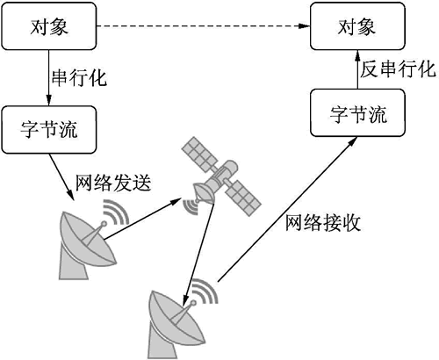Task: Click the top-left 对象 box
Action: coord(49,26)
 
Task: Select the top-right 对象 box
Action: coord(357,26)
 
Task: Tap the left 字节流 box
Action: coord(49,130)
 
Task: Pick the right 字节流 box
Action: coord(357,112)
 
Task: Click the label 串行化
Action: coord(79,78)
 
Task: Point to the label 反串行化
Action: coord(398,69)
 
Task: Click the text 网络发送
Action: coord(113,183)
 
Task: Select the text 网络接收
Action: coord(323,223)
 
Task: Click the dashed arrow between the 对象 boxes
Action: coord(203,26)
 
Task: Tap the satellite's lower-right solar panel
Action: coord(242,198)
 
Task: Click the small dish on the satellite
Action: coord(205,193)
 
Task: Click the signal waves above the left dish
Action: coord(117,212)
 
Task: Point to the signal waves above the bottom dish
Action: coord(205,292)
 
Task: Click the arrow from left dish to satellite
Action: coord(142,218)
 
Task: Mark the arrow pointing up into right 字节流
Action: coord(288,210)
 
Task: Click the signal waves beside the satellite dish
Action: coord(190,207)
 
